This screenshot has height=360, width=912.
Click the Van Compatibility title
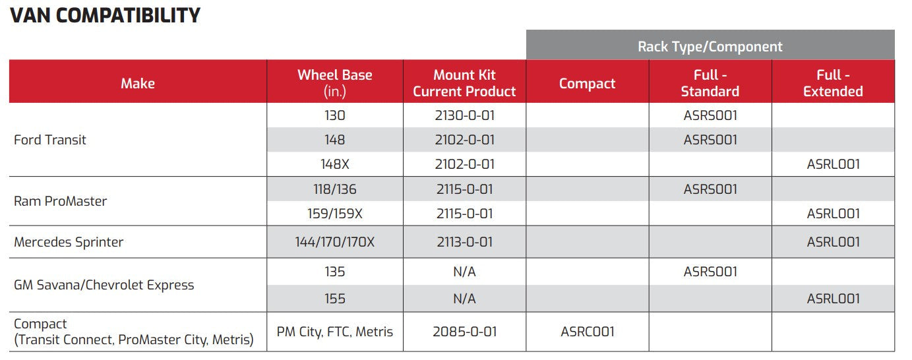coord(105,15)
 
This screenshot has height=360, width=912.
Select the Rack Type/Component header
coord(710,46)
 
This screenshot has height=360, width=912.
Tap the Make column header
coord(138,83)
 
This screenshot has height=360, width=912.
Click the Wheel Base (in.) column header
coord(335,83)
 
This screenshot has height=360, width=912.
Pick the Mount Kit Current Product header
coord(464,83)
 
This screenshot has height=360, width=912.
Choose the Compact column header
coord(587,84)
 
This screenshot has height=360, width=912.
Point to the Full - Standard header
coord(710,83)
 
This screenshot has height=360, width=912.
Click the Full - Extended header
coord(833,83)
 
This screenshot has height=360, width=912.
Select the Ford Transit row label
coord(49,140)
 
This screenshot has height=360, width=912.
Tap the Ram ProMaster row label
coord(60,200)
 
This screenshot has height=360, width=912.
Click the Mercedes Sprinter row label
coord(69,242)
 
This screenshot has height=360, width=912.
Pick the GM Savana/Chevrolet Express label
coord(104,285)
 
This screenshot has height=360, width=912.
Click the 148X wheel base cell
coord(335,164)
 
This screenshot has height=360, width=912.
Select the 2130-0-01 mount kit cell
coord(464,115)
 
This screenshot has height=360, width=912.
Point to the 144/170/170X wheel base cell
coord(335,242)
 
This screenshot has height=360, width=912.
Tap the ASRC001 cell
coord(587,332)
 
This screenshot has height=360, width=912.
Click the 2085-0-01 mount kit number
coord(464,332)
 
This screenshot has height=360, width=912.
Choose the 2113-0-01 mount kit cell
coord(464,242)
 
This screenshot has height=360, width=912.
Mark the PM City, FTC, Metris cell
coord(335,332)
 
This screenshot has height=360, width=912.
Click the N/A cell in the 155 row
coord(464,299)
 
